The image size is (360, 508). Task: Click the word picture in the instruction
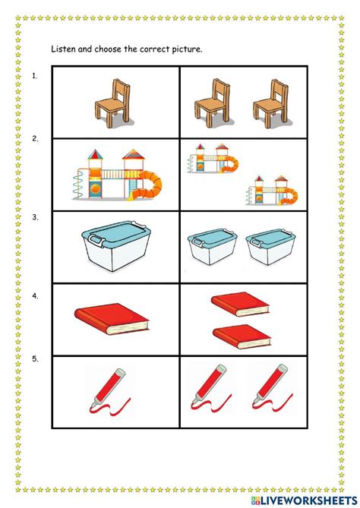tap(185, 49)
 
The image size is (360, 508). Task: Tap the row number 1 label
tap(35, 75)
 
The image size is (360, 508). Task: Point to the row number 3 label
tap(35, 218)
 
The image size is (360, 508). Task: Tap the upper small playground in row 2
tap(213, 162)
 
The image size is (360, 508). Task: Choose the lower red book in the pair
tap(242, 335)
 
